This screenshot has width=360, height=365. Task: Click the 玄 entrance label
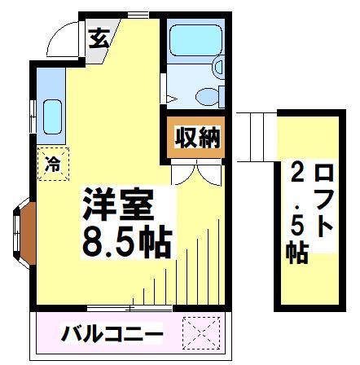click(99, 37)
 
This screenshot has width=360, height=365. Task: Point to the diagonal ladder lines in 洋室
click(191, 261)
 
